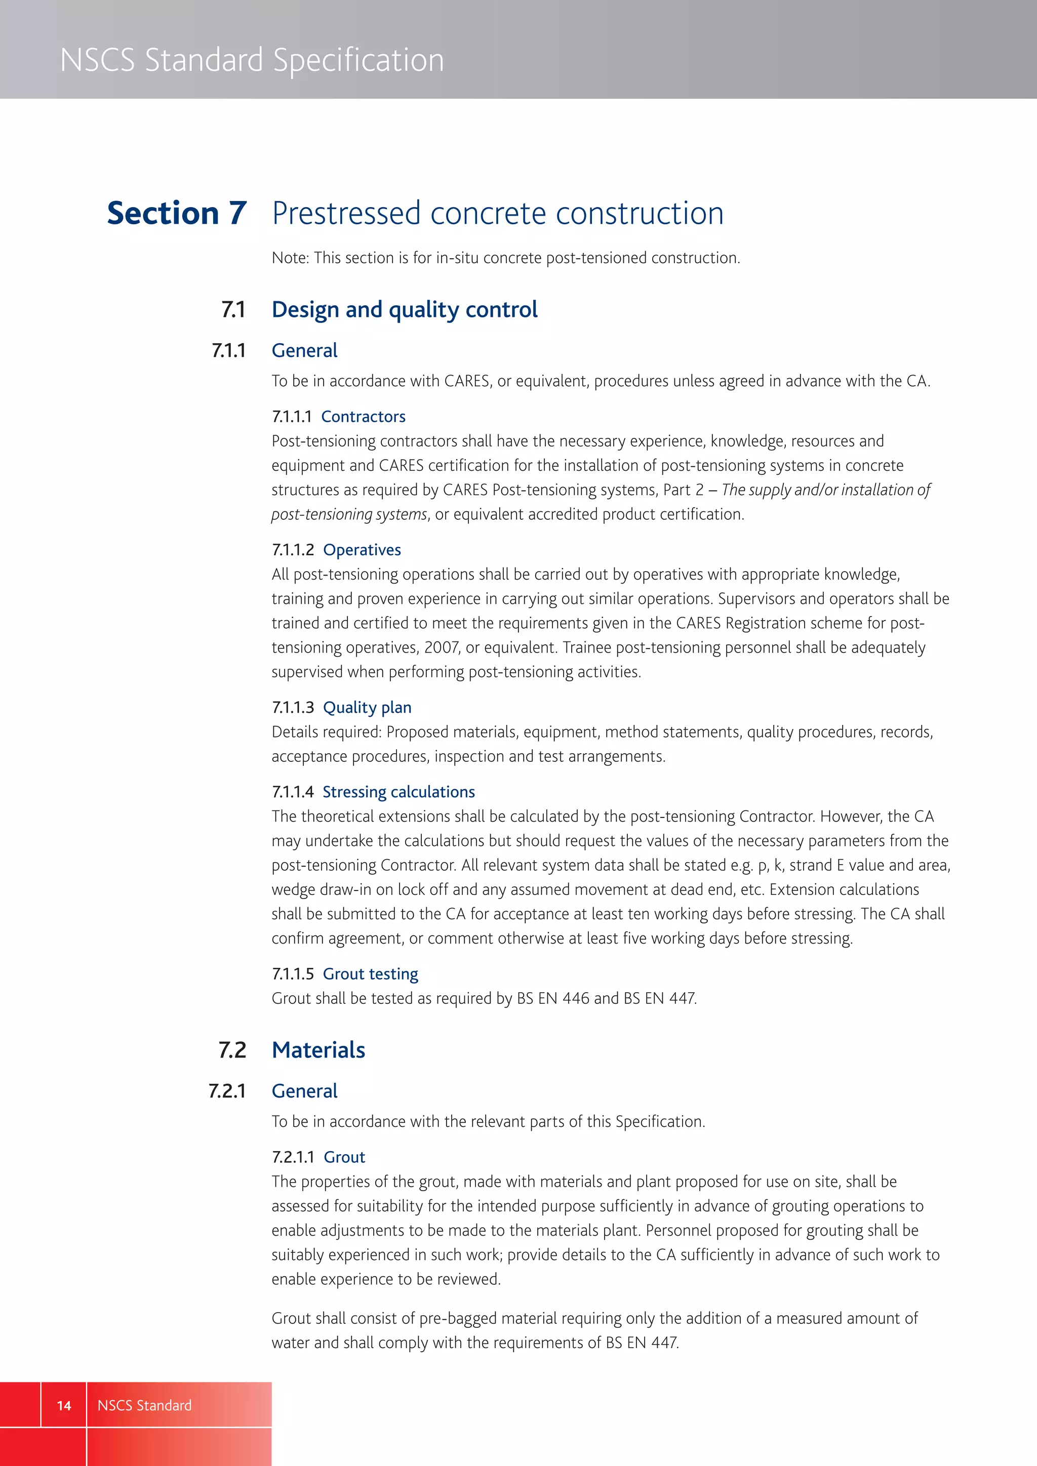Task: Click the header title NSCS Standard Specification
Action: [x=252, y=61]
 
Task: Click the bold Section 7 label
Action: [x=176, y=213]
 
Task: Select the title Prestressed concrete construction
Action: [x=497, y=213]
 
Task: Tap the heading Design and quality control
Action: [x=404, y=310]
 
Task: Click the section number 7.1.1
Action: [x=228, y=350]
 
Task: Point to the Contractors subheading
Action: [x=363, y=417]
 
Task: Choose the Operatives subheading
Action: [x=362, y=550]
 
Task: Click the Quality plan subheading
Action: [x=367, y=708]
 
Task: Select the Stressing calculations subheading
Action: [x=398, y=792]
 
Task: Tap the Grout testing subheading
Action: [x=370, y=974]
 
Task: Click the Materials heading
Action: [x=318, y=1050]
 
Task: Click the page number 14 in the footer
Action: [x=64, y=1405]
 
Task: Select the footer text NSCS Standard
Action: [x=144, y=1405]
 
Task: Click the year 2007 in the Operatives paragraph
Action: [x=441, y=648]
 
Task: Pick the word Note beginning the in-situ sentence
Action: [x=290, y=258]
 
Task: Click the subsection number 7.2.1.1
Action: [x=293, y=1158]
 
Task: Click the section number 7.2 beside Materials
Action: [x=232, y=1050]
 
